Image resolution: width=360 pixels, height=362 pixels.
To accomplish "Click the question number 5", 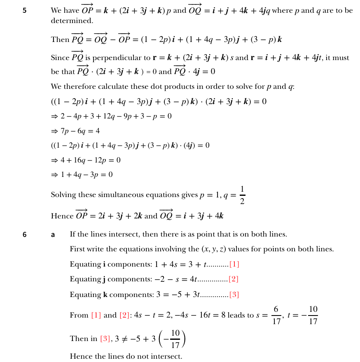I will point(25,10).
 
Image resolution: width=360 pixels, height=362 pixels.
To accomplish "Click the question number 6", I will point(25,234).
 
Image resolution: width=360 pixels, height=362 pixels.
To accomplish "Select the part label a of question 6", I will point(53,234).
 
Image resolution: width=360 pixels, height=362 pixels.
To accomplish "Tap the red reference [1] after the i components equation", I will point(234,264).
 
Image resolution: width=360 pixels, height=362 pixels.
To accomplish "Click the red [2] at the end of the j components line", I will point(234,279).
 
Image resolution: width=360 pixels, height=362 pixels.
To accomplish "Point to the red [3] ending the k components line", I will point(234,295).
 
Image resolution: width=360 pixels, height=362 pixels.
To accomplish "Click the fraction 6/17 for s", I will point(276,315).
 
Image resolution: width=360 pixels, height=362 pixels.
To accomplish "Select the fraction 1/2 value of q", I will point(242,195).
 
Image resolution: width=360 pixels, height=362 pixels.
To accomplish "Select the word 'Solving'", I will point(63,195).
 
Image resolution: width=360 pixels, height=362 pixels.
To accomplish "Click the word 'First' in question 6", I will point(77,249).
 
